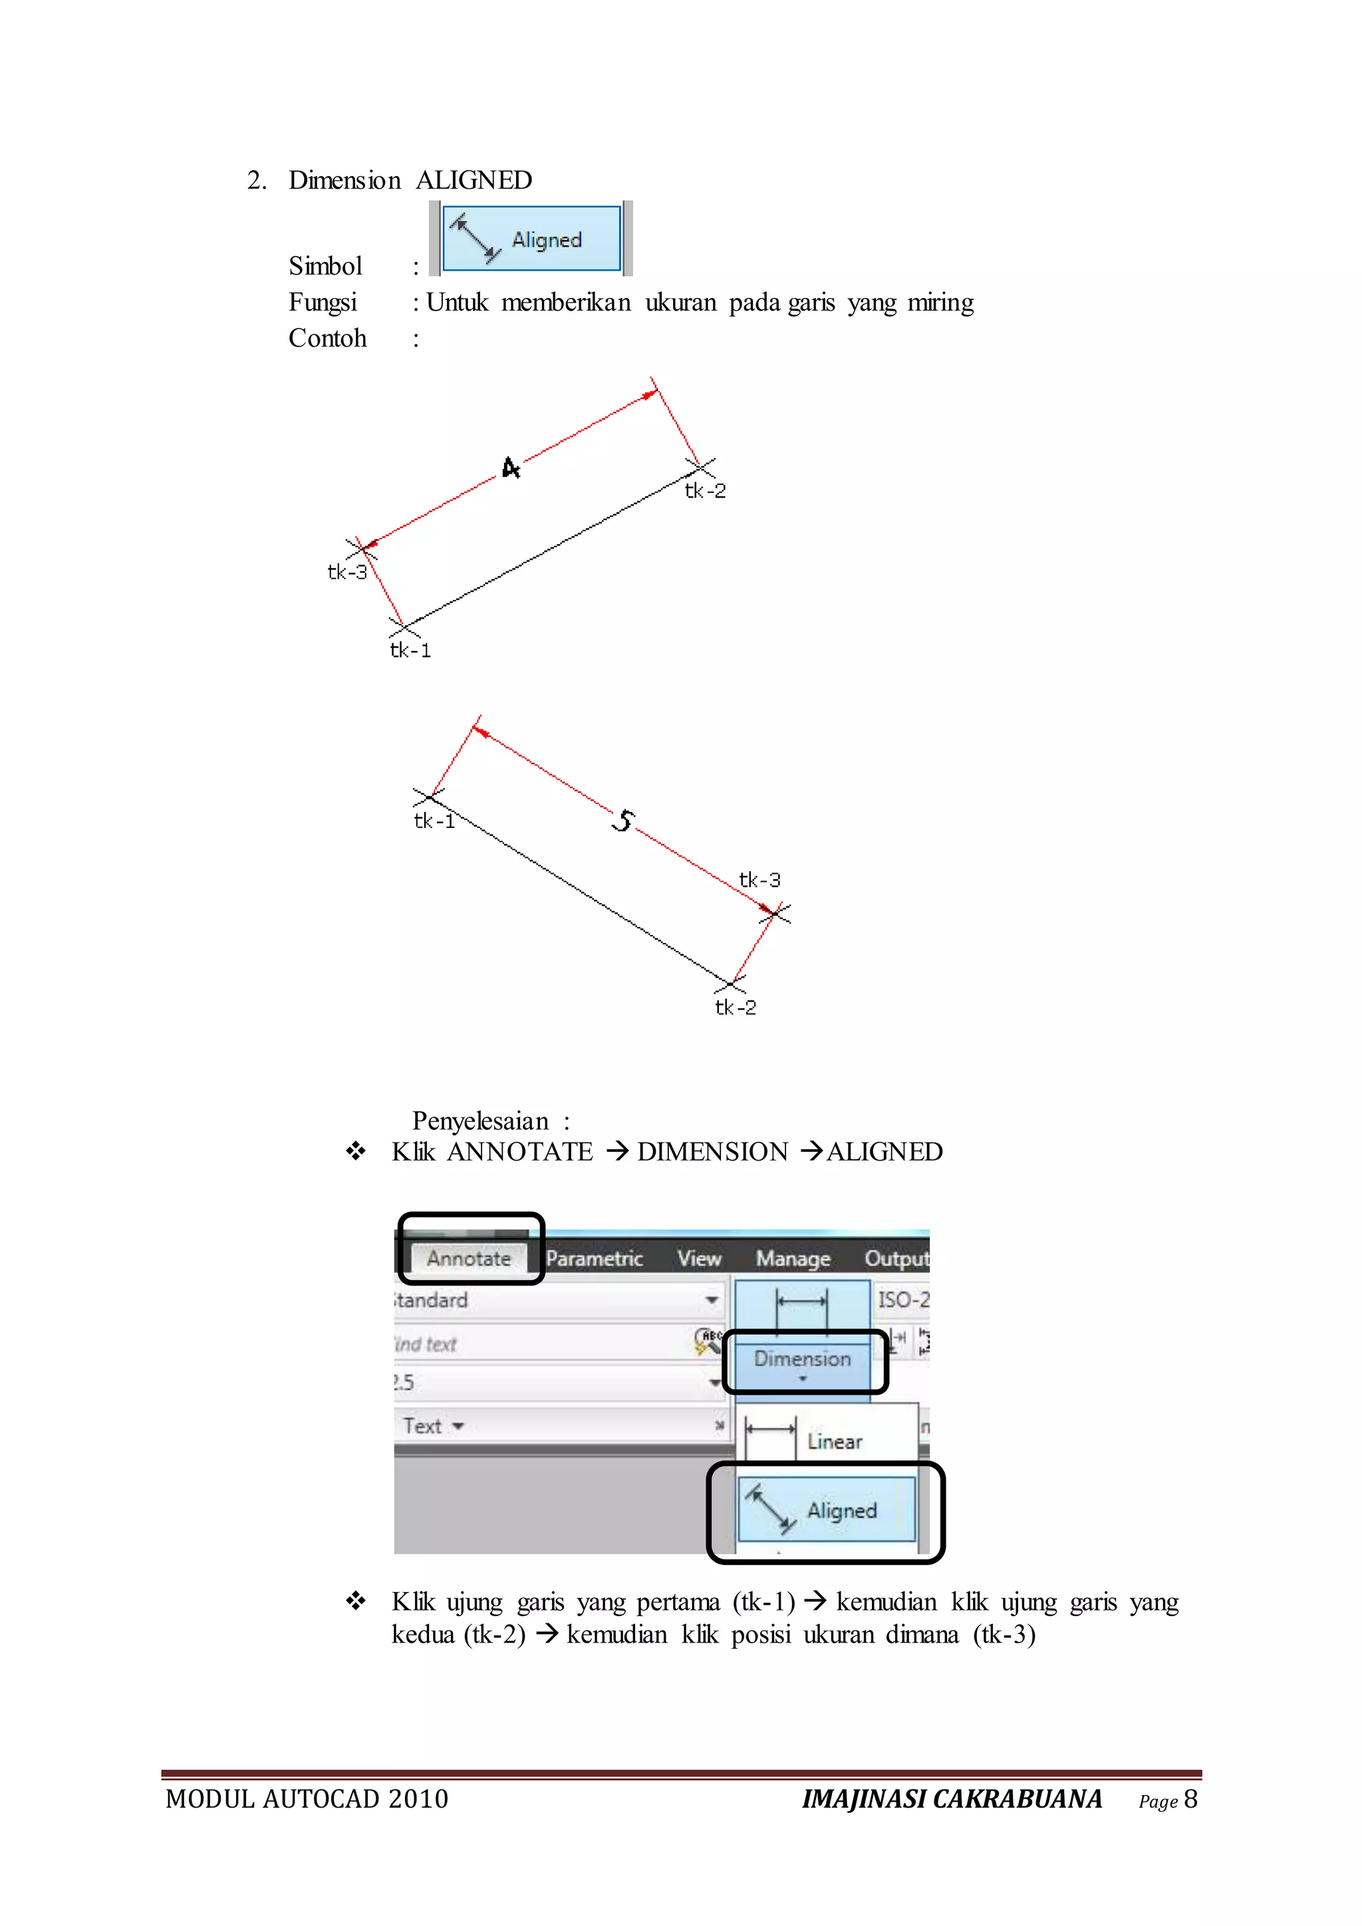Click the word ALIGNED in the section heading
pyautogui.click(x=474, y=180)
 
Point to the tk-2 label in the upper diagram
pyautogui.click(x=706, y=491)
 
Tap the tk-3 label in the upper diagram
pyautogui.click(x=347, y=572)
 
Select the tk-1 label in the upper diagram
pyautogui.click(x=410, y=650)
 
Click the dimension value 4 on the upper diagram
pyautogui.click(x=511, y=468)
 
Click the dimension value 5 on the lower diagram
pyautogui.click(x=623, y=821)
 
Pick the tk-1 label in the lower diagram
pyautogui.click(x=434, y=821)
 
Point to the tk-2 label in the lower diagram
pyautogui.click(x=736, y=1008)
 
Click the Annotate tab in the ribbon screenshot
pyautogui.click(x=469, y=1258)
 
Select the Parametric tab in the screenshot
pyautogui.click(x=594, y=1258)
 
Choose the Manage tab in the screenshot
pyautogui.click(x=793, y=1258)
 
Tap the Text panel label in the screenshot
pyautogui.click(x=423, y=1426)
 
